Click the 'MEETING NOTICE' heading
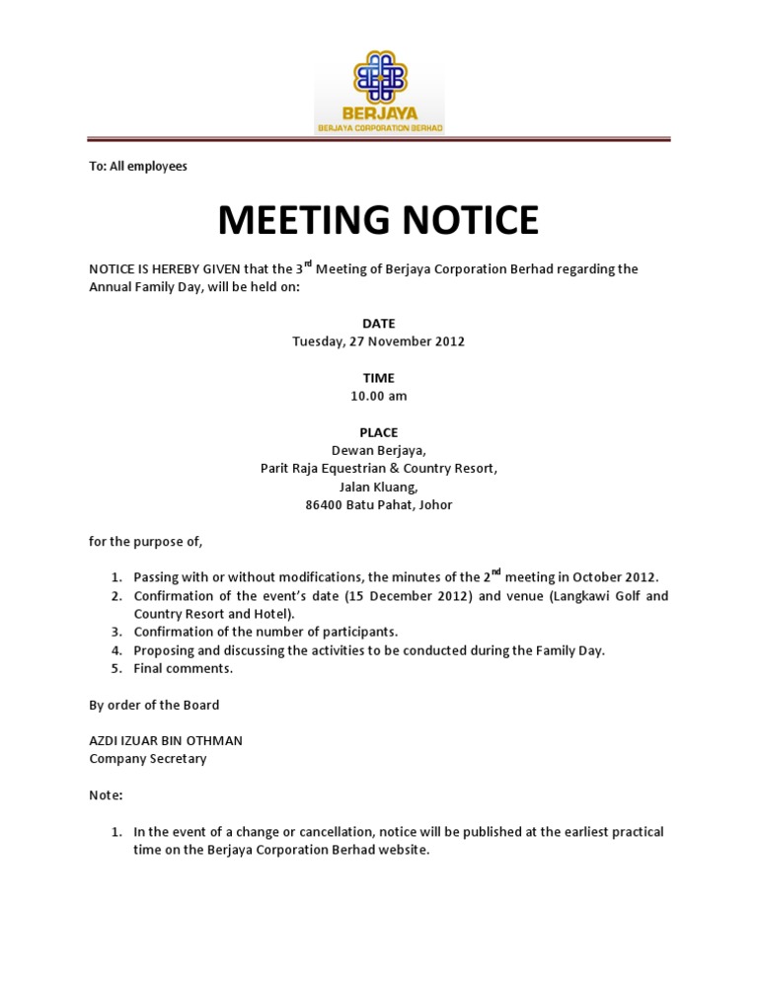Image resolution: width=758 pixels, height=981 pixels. click(x=378, y=220)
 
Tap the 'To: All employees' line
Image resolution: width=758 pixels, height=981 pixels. click(x=138, y=166)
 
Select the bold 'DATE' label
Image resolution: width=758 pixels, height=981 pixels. click(x=378, y=324)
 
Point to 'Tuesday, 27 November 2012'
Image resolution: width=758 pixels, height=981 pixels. click(x=378, y=341)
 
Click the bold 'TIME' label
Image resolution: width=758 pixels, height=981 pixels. click(x=378, y=378)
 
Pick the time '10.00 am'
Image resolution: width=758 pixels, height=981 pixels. click(x=378, y=396)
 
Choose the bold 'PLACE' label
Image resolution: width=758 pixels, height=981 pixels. click(x=378, y=432)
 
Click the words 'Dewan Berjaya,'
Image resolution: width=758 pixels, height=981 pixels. click(x=378, y=450)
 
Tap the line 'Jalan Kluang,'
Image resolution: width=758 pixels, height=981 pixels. click(x=378, y=487)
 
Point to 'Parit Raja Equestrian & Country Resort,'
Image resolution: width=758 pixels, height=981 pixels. click(x=378, y=468)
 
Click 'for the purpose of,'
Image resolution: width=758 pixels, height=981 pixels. click(x=145, y=541)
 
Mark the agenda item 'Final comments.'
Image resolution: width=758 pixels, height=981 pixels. click(x=184, y=668)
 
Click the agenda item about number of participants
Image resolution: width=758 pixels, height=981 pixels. click(x=265, y=632)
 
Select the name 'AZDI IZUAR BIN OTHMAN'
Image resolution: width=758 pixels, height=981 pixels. click(x=166, y=740)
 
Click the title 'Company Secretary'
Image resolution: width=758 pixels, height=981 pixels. click(x=148, y=759)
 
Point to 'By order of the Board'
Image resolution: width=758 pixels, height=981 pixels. click(x=154, y=705)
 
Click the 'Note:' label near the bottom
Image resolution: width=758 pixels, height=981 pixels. click(x=107, y=794)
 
